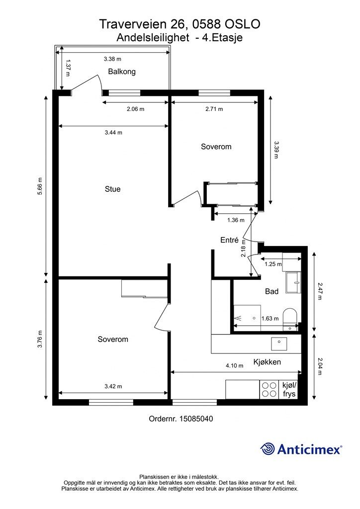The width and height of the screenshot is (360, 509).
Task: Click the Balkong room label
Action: (x=122, y=72)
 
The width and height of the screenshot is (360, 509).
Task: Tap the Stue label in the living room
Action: (x=113, y=189)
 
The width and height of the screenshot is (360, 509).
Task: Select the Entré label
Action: (x=230, y=240)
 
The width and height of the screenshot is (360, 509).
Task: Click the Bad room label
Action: (x=271, y=291)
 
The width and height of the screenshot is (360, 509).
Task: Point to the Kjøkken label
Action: (x=267, y=362)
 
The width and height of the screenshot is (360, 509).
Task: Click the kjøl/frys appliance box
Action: (x=289, y=390)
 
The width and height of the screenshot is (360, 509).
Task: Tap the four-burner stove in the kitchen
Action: (x=269, y=390)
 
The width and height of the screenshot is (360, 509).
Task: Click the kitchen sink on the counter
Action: (x=279, y=344)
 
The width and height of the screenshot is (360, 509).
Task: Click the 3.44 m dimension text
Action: (x=113, y=132)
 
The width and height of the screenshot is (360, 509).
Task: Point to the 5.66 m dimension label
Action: (x=40, y=186)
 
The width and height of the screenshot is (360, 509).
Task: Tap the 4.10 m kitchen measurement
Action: (x=234, y=365)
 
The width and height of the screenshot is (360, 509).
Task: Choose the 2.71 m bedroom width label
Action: (x=214, y=109)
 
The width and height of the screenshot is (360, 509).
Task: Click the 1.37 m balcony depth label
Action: (x=68, y=68)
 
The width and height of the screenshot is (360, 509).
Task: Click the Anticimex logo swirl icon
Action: (x=267, y=449)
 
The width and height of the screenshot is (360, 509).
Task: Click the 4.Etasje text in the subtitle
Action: (x=222, y=38)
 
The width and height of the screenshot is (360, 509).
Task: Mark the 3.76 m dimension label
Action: (x=40, y=339)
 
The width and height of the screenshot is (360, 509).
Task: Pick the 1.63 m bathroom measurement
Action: (x=270, y=319)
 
